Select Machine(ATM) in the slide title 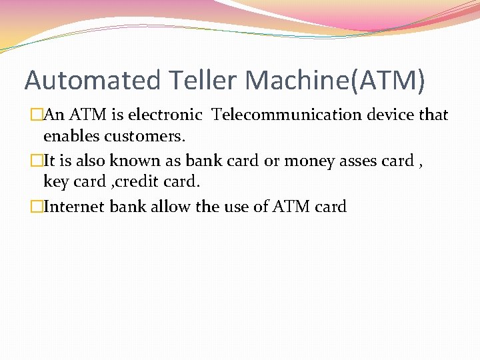click(x=335, y=81)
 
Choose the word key click(x=55, y=182)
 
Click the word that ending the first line click(x=433, y=115)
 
